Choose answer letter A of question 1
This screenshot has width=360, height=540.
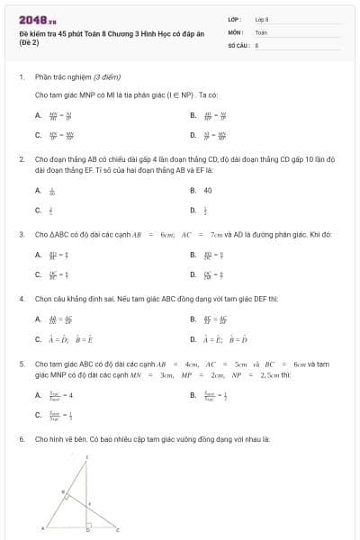pyautogui.click(x=38, y=115)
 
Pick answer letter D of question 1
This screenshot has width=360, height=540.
pyautogui.click(x=193, y=135)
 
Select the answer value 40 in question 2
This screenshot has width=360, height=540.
pyautogui.click(x=208, y=190)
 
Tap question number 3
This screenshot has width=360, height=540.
pyautogui.click(x=21, y=234)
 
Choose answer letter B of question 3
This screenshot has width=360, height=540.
pyautogui.click(x=193, y=255)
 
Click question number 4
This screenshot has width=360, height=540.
pyautogui.click(x=21, y=297)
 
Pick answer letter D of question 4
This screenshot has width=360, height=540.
pyautogui.click(x=193, y=339)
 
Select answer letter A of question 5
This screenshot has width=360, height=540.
pyautogui.click(x=38, y=394)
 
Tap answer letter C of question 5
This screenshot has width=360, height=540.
pyautogui.click(x=38, y=415)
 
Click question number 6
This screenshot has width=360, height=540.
pyautogui.click(x=21, y=439)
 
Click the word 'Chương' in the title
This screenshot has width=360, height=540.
pyautogui.click(x=112, y=32)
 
